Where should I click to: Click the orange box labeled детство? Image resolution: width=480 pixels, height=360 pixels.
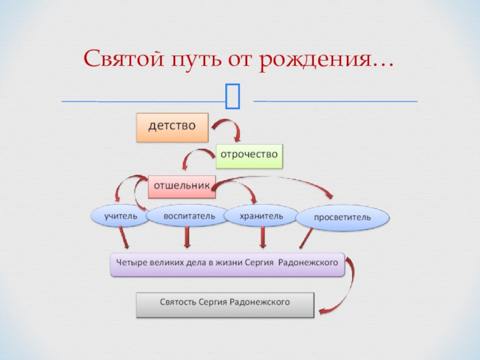click(172, 127)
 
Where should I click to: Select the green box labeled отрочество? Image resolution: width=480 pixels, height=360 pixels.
click(249, 155)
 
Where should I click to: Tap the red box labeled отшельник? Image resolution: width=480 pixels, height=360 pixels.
click(182, 186)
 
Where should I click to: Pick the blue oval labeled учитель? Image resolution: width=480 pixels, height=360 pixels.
click(120, 216)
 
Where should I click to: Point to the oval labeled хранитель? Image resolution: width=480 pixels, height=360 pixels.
click(261, 215)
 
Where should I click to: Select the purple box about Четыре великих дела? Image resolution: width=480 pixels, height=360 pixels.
click(227, 264)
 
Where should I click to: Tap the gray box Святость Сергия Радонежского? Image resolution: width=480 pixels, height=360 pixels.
click(225, 305)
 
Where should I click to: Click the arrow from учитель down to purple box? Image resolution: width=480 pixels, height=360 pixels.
click(124, 238)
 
